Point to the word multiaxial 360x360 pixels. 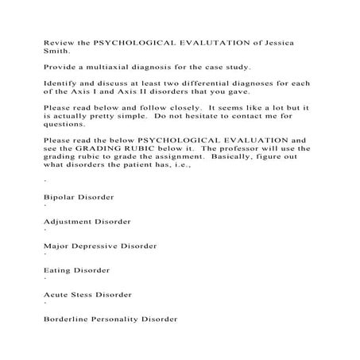104,67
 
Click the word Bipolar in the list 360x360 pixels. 58,195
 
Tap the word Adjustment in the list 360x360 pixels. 68,221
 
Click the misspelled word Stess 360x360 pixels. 82,296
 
